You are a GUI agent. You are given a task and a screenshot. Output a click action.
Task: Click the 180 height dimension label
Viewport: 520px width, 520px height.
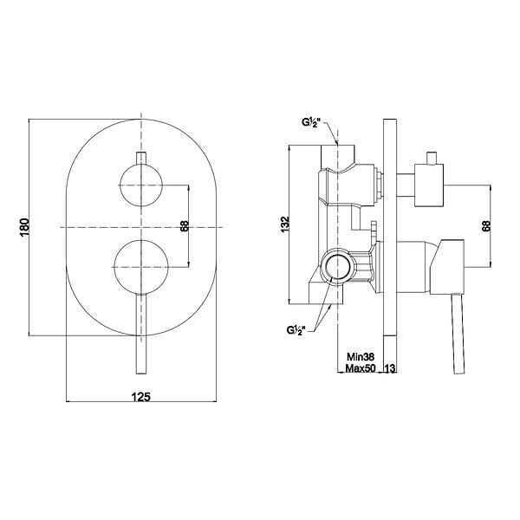(x=25, y=227)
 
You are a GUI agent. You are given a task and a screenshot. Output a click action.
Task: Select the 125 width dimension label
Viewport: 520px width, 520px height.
(x=141, y=397)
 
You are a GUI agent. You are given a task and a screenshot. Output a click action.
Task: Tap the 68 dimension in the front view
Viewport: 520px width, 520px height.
(x=185, y=226)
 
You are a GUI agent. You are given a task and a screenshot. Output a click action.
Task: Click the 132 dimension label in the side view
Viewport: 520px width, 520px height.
(x=285, y=224)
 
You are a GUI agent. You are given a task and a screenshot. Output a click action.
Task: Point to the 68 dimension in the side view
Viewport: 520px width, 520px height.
(x=486, y=226)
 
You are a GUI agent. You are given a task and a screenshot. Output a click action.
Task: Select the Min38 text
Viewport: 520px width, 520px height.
(x=361, y=357)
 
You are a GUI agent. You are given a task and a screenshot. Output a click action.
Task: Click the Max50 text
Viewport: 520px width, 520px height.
(x=361, y=368)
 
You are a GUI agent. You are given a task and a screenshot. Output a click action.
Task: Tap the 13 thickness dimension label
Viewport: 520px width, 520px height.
(x=390, y=368)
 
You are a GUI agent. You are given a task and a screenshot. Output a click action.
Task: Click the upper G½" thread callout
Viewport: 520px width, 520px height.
(x=312, y=123)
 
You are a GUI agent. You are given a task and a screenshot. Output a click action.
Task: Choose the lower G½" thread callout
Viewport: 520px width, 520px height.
(x=296, y=330)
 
